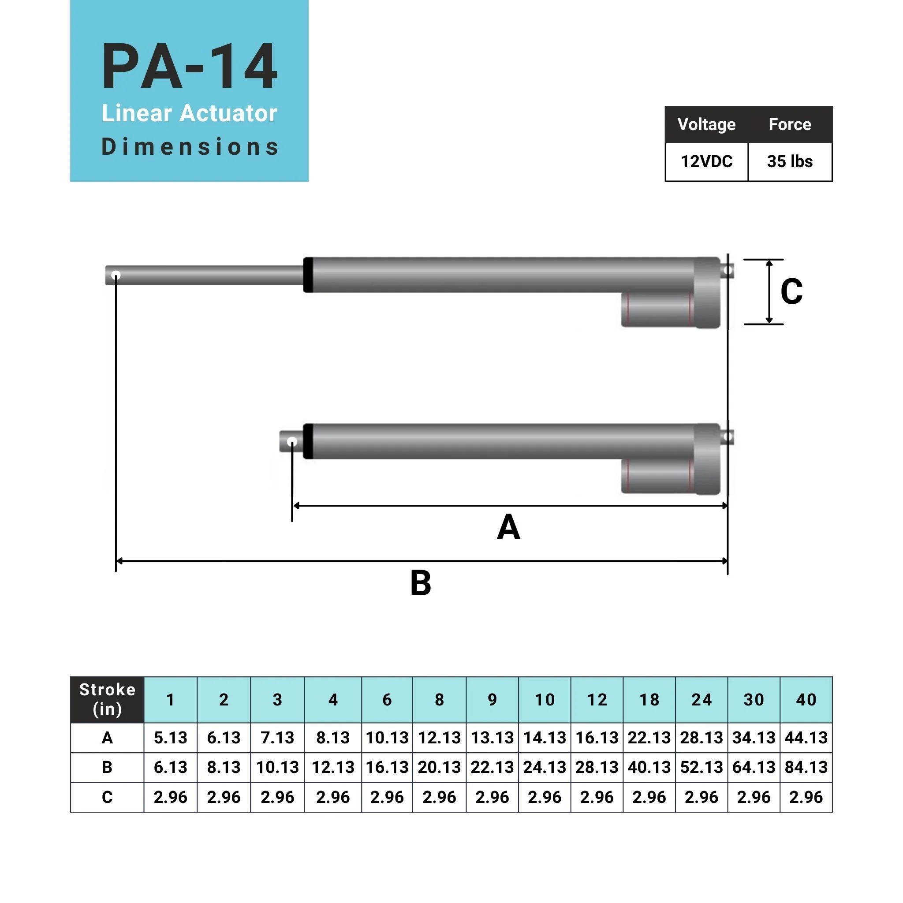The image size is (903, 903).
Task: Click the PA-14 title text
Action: point(189,67)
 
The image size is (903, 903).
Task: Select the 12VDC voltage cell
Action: point(706,161)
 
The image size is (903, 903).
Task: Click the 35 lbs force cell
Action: point(789,161)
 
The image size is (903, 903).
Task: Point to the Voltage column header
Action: point(706,124)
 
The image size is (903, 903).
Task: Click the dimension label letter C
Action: point(791,291)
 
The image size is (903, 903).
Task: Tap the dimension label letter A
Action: point(508,527)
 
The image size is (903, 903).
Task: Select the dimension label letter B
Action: point(420,583)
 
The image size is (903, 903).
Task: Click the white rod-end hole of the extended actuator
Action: point(116,275)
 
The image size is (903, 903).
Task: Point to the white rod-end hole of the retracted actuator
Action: point(291,441)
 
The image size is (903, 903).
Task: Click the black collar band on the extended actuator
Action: point(308,275)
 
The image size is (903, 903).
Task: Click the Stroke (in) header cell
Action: point(107,699)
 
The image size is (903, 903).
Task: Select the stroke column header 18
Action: point(649,700)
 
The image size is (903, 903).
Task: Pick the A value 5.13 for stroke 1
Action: point(170,738)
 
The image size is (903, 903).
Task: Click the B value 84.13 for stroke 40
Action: point(806,767)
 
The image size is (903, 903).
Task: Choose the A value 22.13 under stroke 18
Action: point(649,738)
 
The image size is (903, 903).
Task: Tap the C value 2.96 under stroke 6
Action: point(387,797)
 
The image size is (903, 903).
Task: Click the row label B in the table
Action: point(107,767)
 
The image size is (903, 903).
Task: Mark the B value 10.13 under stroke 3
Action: point(277,767)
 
